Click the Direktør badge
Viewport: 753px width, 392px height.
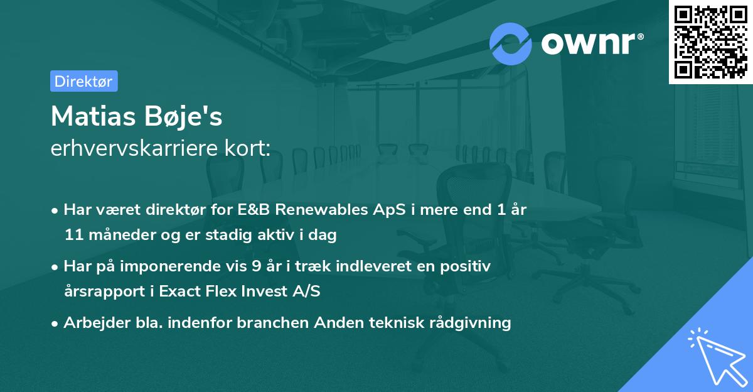[x=83, y=81]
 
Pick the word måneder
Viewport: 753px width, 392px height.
[x=117, y=235]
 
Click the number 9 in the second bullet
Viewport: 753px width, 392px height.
[x=256, y=266]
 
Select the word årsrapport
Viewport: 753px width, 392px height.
[x=104, y=291]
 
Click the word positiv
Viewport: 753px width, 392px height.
[x=468, y=266]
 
